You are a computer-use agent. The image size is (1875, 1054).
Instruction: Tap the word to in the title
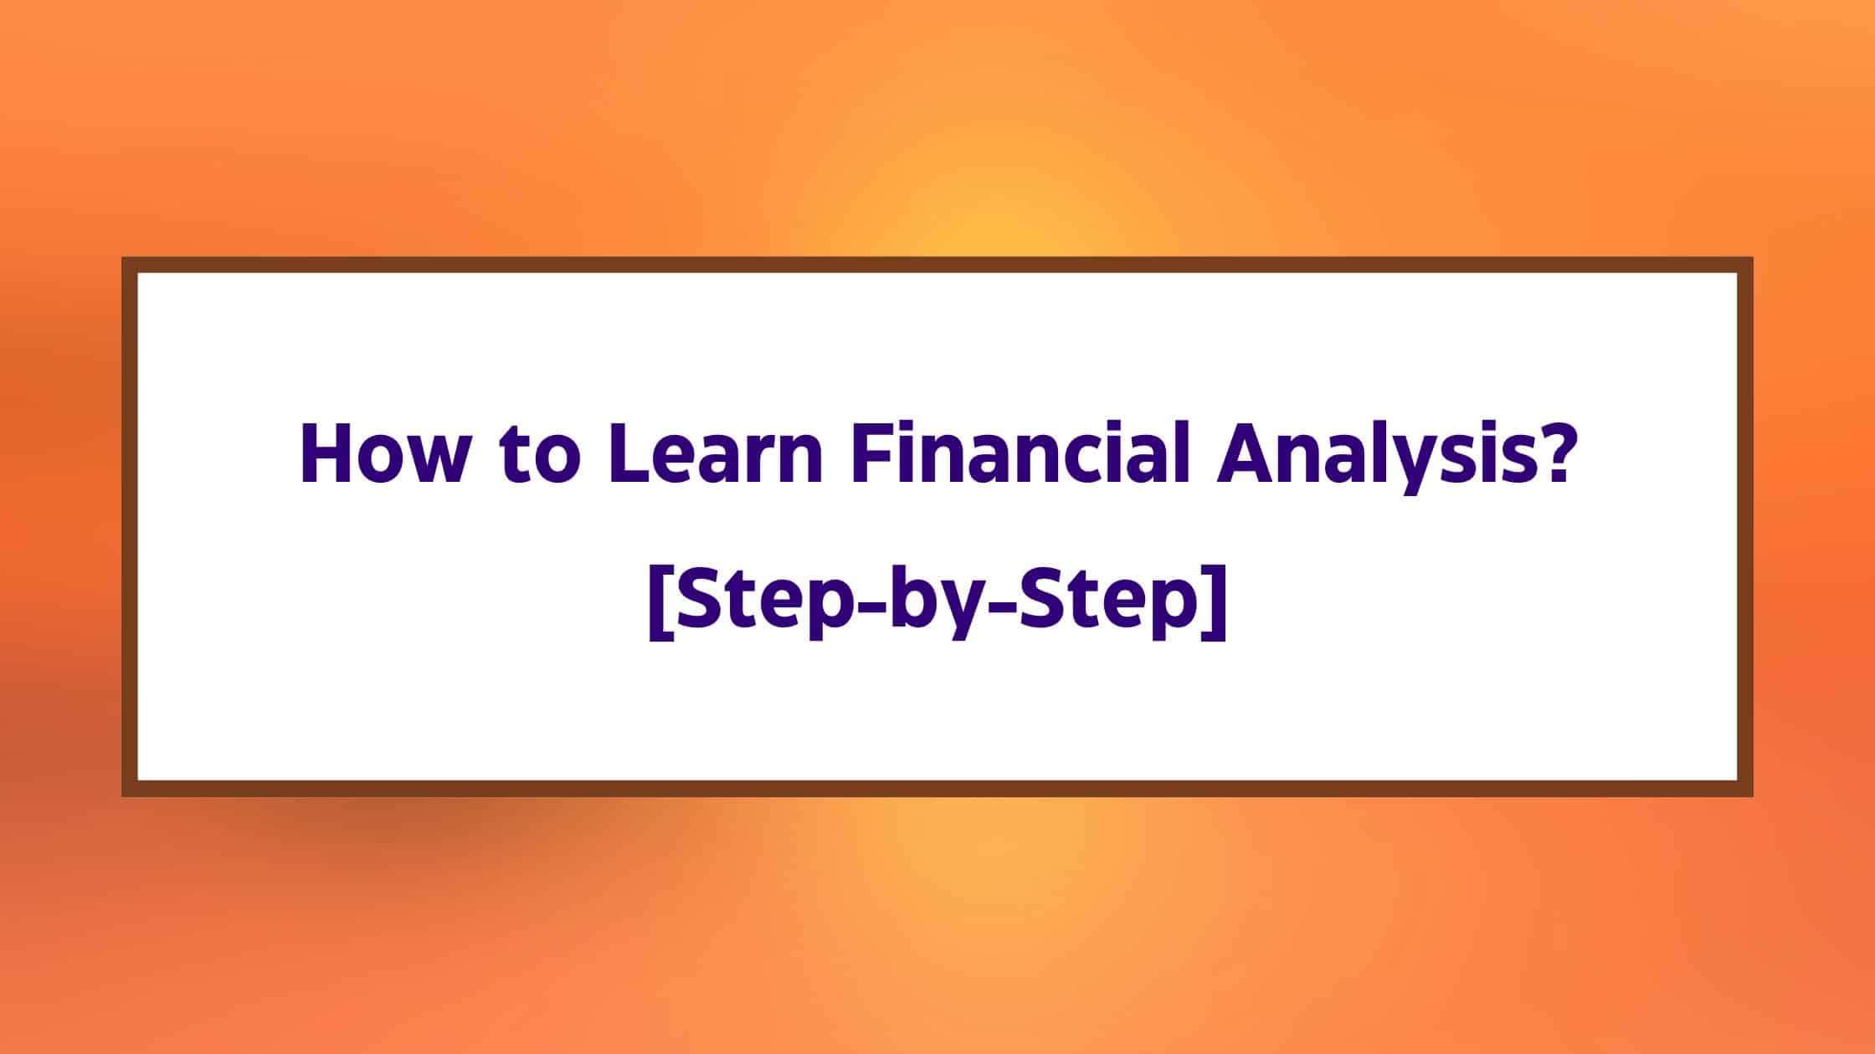pos(534,458)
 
